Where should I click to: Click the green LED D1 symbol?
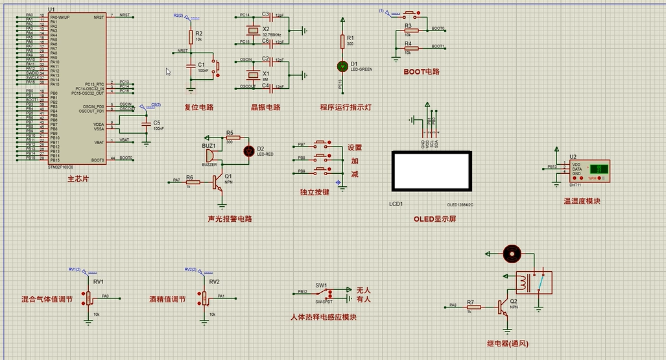click(x=342, y=66)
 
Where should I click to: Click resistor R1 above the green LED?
click(x=342, y=41)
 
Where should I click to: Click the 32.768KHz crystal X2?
click(x=254, y=30)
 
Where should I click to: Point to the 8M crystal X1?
click(x=254, y=75)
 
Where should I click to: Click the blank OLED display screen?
click(x=431, y=172)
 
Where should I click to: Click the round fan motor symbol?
click(x=512, y=253)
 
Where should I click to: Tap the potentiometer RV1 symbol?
click(x=89, y=298)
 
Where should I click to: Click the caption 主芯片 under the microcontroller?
click(x=78, y=178)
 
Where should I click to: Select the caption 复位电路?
click(x=198, y=108)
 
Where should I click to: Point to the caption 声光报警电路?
click(x=229, y=219)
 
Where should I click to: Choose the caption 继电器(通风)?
click(x=507, y=343)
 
